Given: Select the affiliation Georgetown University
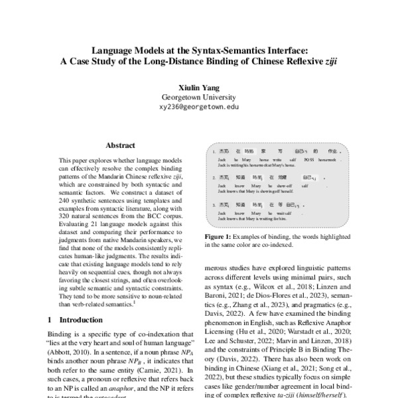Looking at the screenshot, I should tap(199, 96).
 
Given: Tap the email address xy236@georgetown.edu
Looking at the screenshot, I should tap(199, 105).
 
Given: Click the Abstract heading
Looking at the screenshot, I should tap(120, 145).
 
